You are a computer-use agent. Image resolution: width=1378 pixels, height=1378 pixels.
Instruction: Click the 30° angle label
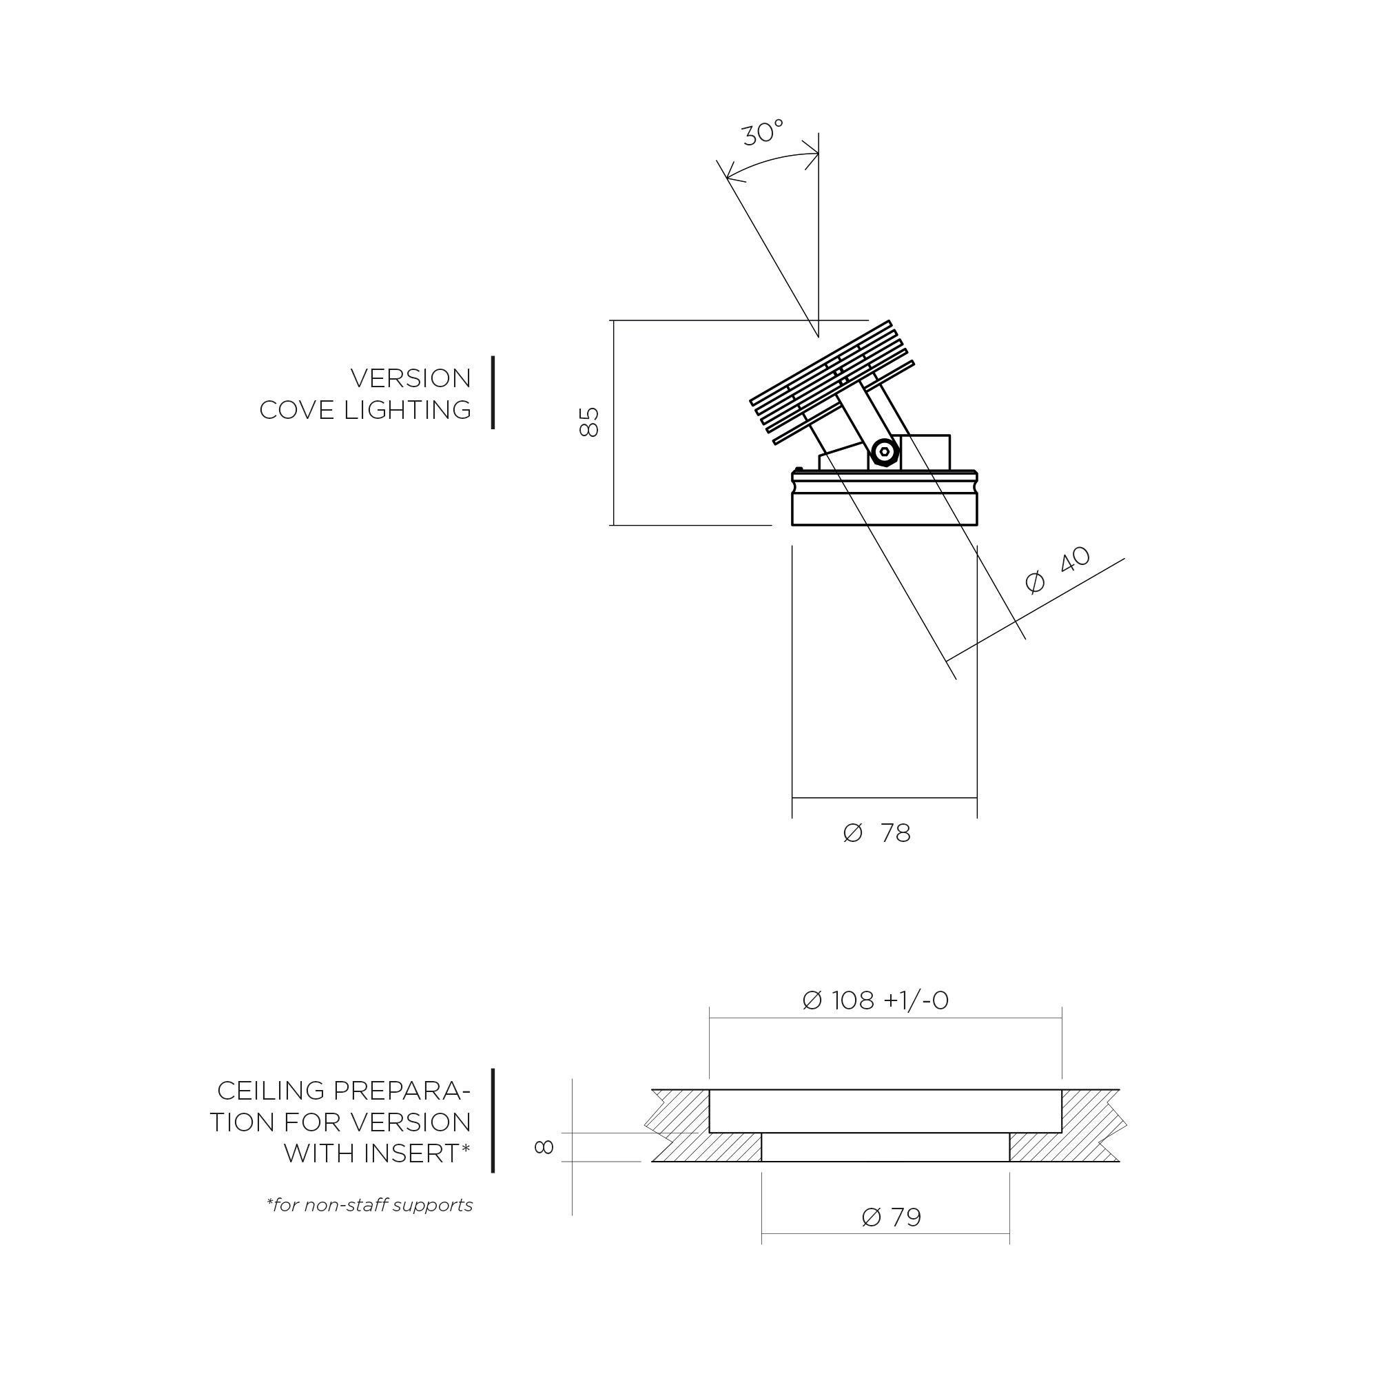[x=763, y=134]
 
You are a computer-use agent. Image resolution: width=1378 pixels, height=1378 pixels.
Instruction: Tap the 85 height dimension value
[x=589, y=422]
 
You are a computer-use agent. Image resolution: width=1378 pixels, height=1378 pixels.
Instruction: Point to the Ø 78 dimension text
[x=876, y=833]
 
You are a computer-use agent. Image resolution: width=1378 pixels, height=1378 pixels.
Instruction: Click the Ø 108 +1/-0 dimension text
[x=876, y=1000]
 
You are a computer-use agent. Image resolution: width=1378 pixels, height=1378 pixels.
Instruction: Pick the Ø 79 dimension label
[x=892, y=1217]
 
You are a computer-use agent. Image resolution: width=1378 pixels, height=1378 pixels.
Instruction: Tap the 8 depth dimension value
[x=544, y=1147]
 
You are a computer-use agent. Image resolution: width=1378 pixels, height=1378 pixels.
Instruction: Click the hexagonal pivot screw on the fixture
[x=885, y=451]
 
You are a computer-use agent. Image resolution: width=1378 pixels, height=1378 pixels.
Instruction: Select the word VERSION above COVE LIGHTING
[x=411, y=378]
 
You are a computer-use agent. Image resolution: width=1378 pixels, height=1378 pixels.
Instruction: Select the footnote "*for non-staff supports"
[x=369, y=1204]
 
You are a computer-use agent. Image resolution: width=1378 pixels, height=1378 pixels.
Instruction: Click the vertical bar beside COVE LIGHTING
[x=493, y=393]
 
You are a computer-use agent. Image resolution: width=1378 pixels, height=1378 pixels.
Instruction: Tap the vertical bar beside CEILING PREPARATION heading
[x=493, y=1120]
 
